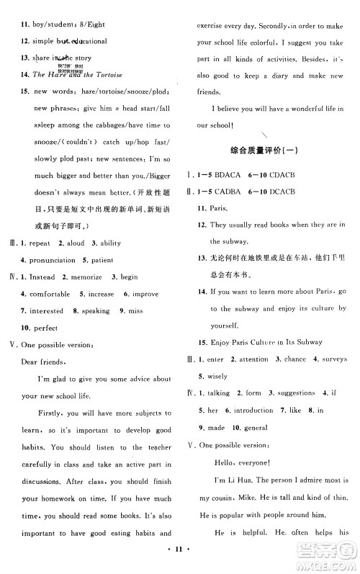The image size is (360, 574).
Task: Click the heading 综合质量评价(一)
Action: pyautogui.click(x=268, y=155)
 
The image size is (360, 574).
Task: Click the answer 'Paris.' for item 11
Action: pyautogui.click(x=219, y=207)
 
